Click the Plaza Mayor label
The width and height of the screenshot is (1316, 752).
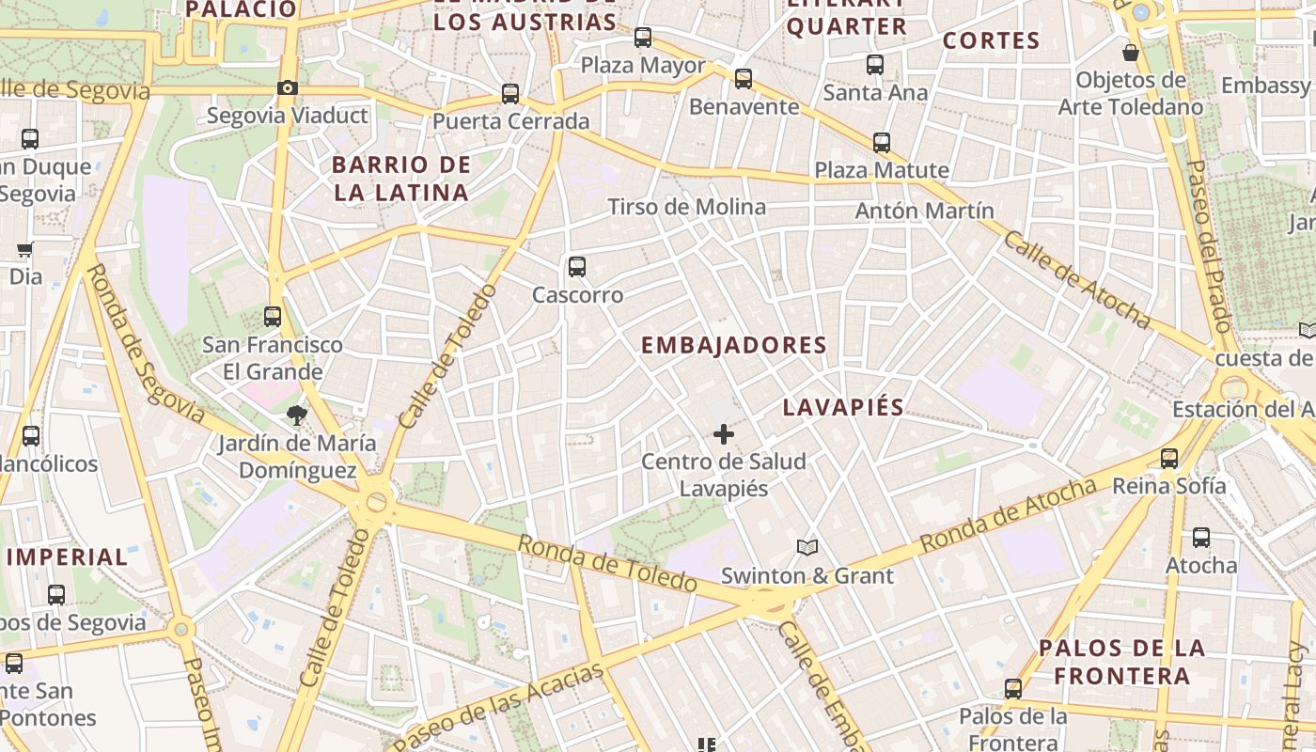(x=643, y=66)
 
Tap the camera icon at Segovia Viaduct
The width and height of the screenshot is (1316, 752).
(x=288, y=88)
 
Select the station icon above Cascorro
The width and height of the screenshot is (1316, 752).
(x=577, y=267)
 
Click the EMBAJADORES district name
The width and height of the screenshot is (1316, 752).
(x=733, y=345)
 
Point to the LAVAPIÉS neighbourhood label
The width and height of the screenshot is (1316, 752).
(x=843, y=407)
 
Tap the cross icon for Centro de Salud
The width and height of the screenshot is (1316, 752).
(x=724, y=434)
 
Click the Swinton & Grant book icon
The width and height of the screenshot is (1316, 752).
(x=807, y=547)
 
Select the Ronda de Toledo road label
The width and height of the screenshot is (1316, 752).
(x=607, y=563)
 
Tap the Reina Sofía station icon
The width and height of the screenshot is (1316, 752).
(x=1169, y=459)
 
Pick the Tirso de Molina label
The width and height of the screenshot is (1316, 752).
(x=686, y=207)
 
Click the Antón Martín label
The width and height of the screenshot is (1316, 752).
(x=924, y=211)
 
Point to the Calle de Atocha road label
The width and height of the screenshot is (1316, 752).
(x=1077, y=279)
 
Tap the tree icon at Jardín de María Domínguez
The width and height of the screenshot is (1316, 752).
(x=297, y=415)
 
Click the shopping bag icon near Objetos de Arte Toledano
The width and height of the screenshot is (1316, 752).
(x=1131, y=53)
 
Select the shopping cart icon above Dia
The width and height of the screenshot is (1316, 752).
(x=25, y=250)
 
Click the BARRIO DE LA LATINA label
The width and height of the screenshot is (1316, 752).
(x=400, y=179)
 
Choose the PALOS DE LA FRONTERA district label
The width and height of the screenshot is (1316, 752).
(x=1121, y=662)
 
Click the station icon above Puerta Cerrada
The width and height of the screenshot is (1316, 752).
(x=510, y=94)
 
